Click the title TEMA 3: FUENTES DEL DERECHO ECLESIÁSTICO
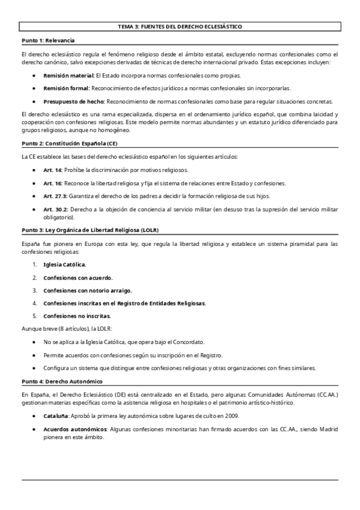coord(180,28)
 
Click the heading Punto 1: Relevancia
coord(47,40)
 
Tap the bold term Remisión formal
coord(66,88)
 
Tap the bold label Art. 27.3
coord(55,195)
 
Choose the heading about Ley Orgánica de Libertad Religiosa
coord(90,230)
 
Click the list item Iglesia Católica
coord(64,264)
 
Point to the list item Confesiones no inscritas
coord(76,316)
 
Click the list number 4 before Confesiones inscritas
coord(35,303)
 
